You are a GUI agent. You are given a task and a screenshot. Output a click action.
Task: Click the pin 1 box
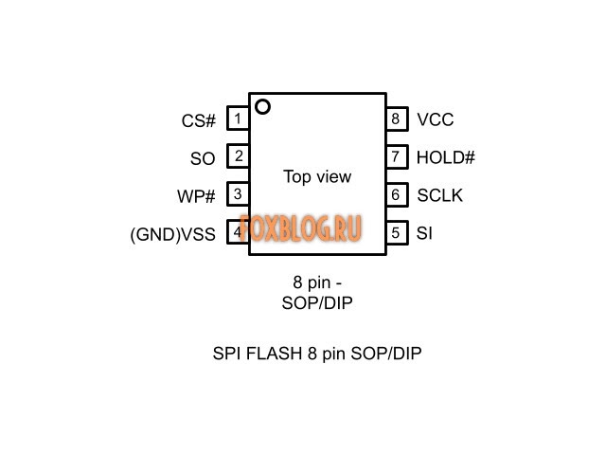238,119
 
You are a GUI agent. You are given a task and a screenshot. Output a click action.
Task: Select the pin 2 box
238,156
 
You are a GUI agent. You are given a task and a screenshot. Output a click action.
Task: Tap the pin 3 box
238,194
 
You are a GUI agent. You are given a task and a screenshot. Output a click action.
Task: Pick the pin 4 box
238,231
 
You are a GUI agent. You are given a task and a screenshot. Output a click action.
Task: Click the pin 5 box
396,231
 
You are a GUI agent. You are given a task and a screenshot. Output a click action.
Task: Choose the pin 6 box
396,194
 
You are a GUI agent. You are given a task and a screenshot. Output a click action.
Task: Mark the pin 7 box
396,156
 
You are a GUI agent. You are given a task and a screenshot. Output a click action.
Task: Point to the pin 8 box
396,119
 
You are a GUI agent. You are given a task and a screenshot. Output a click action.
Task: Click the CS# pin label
198,121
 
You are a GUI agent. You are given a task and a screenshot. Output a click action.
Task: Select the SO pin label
203,158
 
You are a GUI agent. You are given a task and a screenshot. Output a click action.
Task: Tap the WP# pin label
196,196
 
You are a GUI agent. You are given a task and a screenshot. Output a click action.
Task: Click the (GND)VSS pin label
172,234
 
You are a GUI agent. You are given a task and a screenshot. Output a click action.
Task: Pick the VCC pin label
435,120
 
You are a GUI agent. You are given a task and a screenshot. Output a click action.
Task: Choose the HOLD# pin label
445,158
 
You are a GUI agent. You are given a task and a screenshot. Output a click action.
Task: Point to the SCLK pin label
439,196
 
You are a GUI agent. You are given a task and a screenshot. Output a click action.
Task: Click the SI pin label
424,233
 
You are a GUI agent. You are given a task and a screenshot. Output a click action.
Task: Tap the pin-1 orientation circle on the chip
262,107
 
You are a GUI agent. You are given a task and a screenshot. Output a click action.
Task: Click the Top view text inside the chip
317,176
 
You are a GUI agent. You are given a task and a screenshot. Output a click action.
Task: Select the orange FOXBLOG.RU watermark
300,227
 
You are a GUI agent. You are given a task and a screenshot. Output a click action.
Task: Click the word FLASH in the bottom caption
275,354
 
